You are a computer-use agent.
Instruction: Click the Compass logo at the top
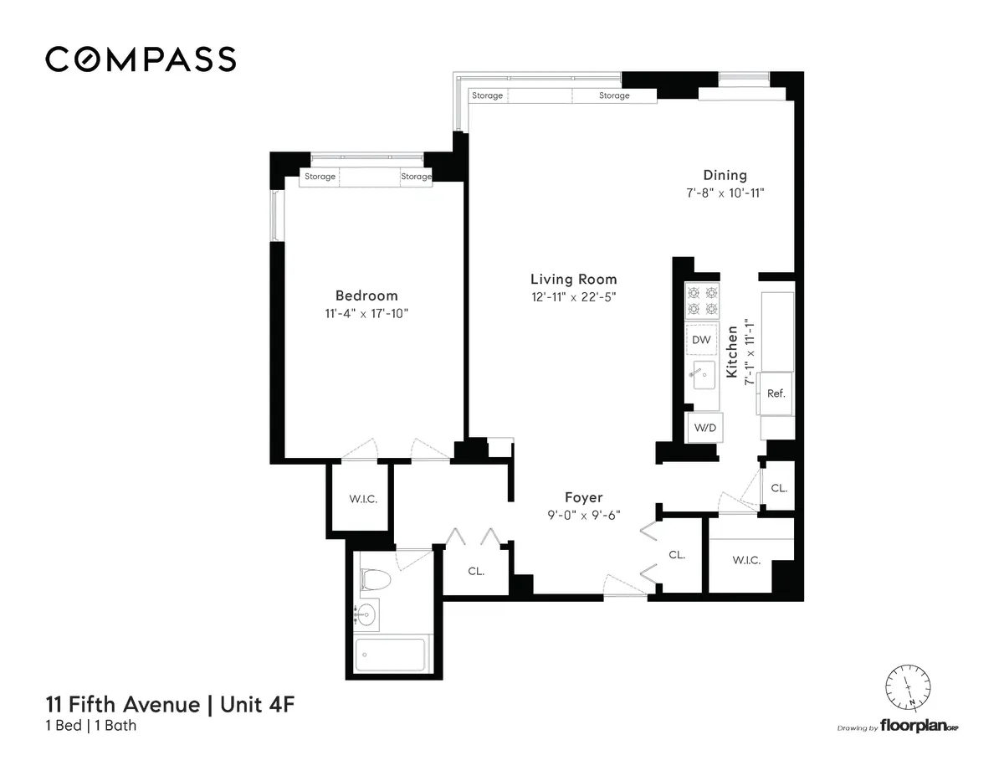coord(141,59)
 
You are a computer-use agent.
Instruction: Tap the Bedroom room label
coord(366,295)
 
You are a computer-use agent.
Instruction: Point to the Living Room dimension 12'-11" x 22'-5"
coord(574,296)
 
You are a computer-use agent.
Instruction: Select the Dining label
coord(725,175)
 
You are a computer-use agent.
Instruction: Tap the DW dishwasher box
coord(702,340)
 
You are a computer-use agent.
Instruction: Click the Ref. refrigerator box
coord(776,393)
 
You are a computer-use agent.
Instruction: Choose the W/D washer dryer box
coord(702,428)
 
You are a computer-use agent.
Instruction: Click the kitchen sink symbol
coord(701,377)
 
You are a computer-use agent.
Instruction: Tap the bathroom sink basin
coord(366,616)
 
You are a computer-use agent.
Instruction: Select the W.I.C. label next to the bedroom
coord(363,499)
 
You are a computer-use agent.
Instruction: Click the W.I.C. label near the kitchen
coord(746,560)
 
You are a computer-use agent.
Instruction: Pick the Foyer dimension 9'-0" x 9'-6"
coord(583,515)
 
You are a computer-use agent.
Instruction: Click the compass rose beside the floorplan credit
coord(909,686)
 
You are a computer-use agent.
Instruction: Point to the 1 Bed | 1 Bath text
coord(91,726)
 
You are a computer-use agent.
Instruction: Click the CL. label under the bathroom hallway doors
coord(475,571)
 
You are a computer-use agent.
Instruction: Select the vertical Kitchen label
coord(732,352)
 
